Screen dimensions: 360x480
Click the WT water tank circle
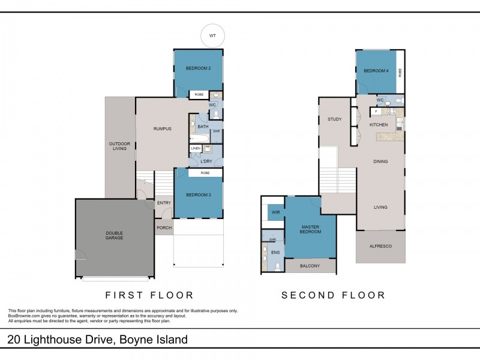[x=212, y=35]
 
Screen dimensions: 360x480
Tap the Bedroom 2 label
[x=198, y=69]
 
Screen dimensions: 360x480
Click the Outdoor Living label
[x=119, y=146]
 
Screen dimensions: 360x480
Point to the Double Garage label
[x=114, y=235]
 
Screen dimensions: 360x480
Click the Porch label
[x=164, y=227]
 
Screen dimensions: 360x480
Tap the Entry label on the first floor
[x=164, y=203]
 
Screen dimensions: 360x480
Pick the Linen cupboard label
[x=196, y=148]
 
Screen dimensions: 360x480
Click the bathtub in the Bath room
[x=199, y=138]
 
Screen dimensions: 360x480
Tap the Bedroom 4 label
[x=376, y=71]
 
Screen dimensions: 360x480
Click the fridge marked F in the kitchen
[x=376, y=112]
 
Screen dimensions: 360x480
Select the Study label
[x=334, y=119]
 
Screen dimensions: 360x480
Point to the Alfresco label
[x=380, y=246]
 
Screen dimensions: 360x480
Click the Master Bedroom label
[x=310, y=229]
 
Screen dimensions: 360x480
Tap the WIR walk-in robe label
[x=275, y=212]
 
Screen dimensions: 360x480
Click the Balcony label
[x=310, y=266]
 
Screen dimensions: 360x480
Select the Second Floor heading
[x=333, y=295]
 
